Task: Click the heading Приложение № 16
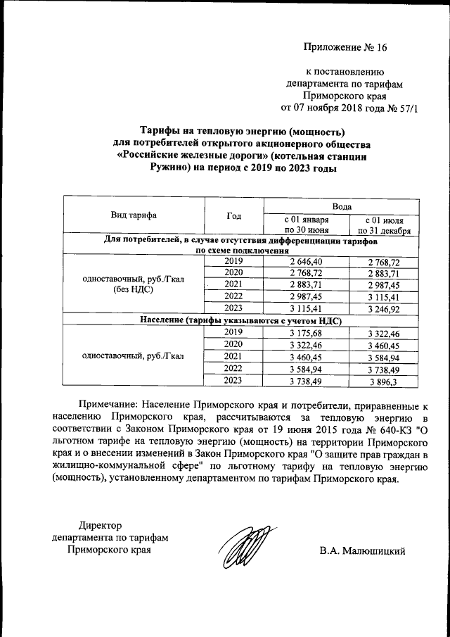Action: point(345,48)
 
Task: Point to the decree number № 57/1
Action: point(401,108)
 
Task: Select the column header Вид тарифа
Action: point(134,215)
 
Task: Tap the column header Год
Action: point(234,215)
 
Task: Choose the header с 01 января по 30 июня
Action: point(306,225)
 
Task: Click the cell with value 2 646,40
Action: point(306,261)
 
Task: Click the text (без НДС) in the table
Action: point(134,290)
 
